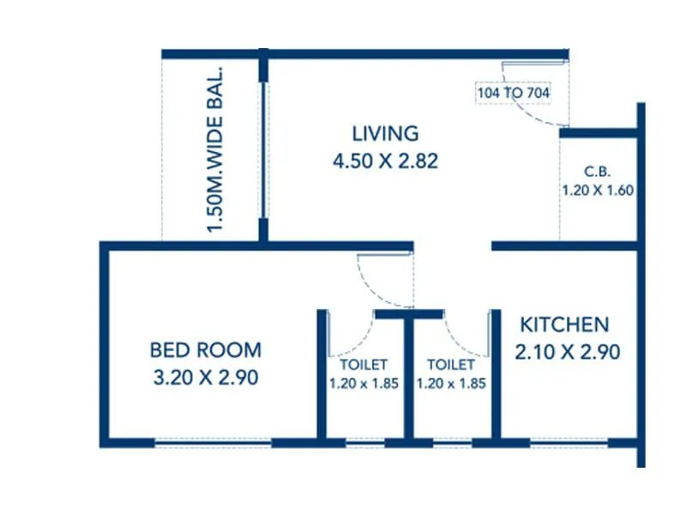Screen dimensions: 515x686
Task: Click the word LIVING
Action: (385, 133)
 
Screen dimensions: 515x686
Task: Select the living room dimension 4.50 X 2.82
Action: (385, 161)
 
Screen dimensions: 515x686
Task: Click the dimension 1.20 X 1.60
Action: (598, 191)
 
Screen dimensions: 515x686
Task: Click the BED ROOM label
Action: (205, 350)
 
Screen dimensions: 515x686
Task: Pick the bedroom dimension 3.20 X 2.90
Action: (205, 377)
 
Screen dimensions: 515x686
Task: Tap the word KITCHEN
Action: (565, 324)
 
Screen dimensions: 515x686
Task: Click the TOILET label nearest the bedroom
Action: (364, 365)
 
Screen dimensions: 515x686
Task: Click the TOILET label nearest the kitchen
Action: (451, 365)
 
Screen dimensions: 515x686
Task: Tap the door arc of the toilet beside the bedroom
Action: (353, 330)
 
